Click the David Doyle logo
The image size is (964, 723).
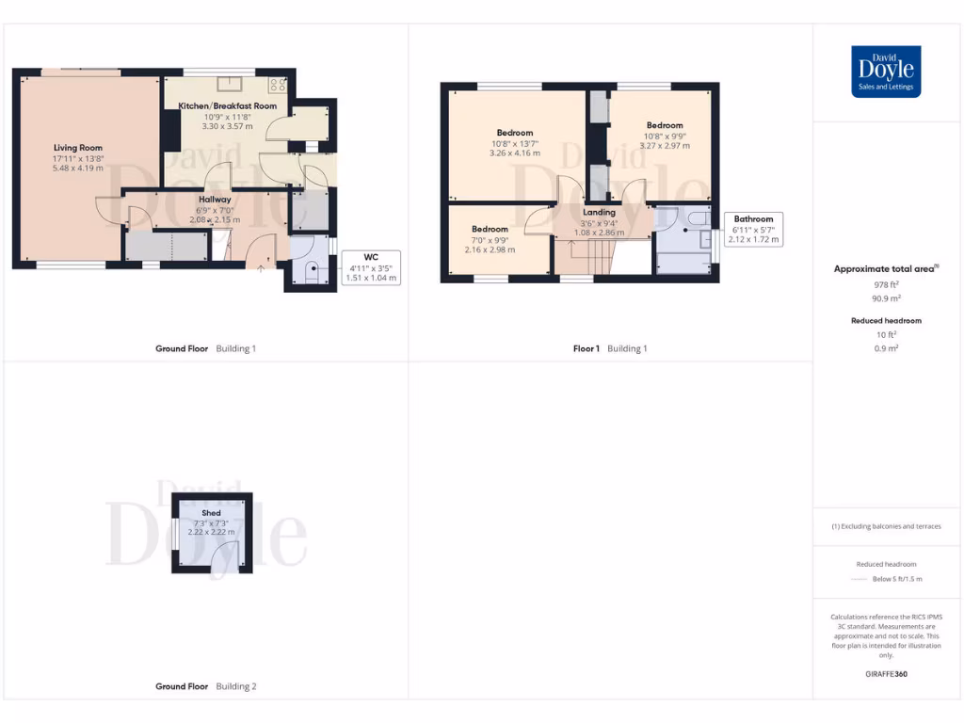[886, 72]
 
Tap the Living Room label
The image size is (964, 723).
[77, 148]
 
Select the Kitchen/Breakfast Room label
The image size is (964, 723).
[228, 106]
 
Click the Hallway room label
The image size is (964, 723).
[215, 200]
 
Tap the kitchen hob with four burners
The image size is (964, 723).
[279, 85]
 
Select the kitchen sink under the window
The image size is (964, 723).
[228, 83]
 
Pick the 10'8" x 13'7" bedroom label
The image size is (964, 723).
[515, 133]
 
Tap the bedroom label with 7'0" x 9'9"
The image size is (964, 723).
[490, 229]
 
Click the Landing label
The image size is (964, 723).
[600, 213]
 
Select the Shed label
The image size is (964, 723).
[211, 513]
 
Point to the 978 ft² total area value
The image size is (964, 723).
[886, 284]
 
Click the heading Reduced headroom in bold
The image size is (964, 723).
[886, 321]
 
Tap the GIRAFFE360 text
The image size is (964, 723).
[886, 674]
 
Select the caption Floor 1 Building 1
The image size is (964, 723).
[610, 348]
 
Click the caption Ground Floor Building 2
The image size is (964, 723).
[205, 686]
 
